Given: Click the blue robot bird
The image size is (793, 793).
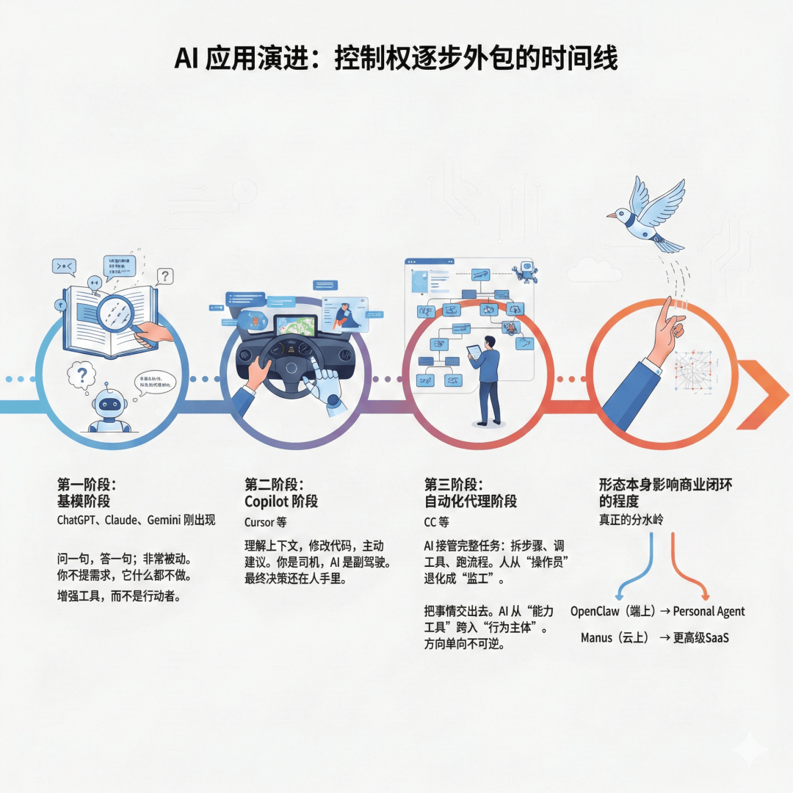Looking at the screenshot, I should click(x=646, y=213).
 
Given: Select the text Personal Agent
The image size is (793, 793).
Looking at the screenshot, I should click(x=709, y=611).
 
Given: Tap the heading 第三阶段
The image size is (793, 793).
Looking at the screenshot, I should click(x=454, y=485).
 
